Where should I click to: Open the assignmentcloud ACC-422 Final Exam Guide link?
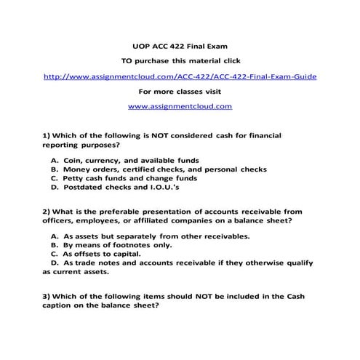tap(180, 76)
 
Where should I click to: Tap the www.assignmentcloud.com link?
tap(180, 106)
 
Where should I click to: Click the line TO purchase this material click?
tap(180, 60)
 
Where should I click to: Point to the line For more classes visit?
tap(180, 91)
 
